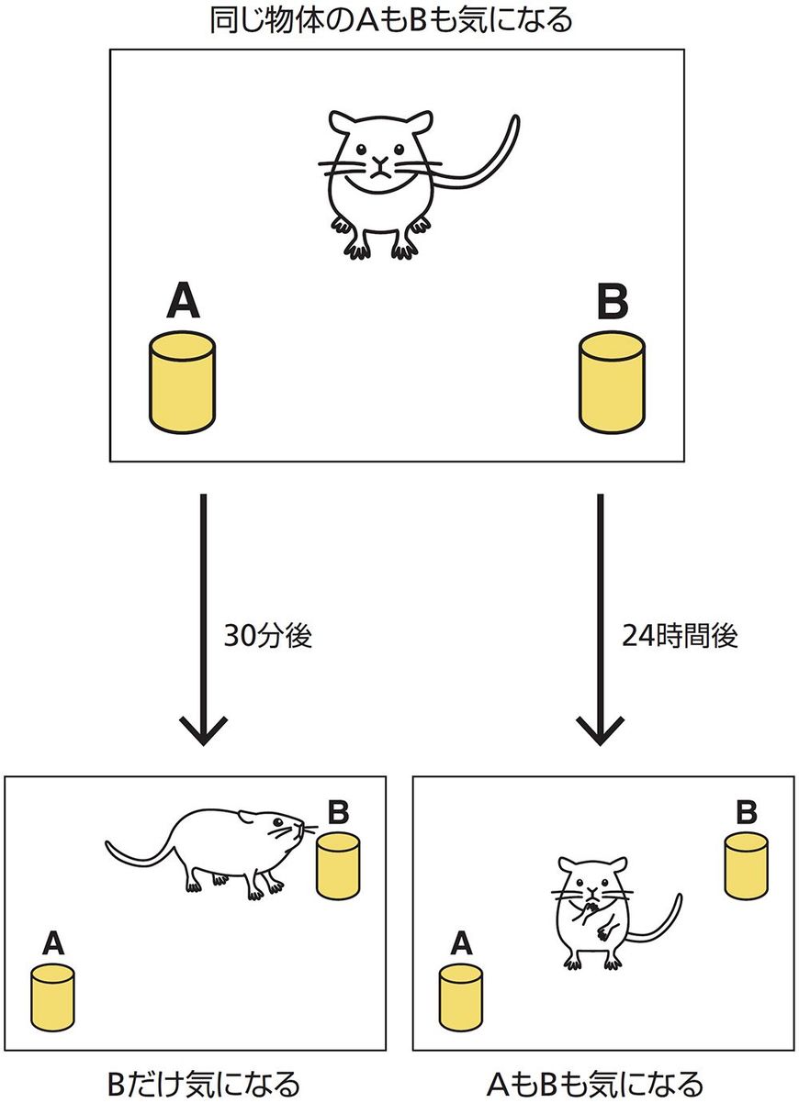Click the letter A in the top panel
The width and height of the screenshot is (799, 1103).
click(x=183, y=302)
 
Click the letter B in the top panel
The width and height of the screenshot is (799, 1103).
click(x=613, y=302)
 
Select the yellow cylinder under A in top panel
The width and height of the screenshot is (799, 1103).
click(x=183, y=383)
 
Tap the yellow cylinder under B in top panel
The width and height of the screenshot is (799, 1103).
click(x=613, y=383)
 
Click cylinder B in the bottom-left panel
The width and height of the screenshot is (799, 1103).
click(x=337, y=864)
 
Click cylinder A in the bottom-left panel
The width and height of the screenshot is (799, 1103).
click(x=53, y=997)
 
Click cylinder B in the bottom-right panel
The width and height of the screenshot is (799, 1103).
click(x=746, y=864)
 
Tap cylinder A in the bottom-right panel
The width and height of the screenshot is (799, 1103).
click(x=461, y=997)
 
